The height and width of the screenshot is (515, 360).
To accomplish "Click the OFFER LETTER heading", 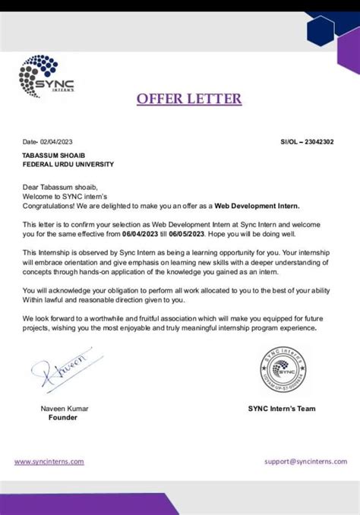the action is pos(188,100).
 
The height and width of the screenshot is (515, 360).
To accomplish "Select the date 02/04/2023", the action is pos(59,142).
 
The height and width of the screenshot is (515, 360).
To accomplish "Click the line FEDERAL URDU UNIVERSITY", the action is pos(68,164).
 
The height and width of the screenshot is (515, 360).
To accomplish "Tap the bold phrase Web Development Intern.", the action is pos(257,206).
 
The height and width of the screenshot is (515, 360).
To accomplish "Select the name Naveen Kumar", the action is pos(65,409).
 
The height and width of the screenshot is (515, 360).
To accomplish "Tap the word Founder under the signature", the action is pos(64,418).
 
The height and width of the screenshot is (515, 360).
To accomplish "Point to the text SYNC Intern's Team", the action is pos(282,409).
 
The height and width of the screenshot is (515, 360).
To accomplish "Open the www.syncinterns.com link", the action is pos(49,461).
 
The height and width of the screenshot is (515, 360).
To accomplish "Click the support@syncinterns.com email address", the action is pos(305,461).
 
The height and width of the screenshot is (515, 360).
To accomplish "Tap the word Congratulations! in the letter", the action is pos(49,206).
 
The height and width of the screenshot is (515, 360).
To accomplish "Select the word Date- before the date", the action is pos(30,142).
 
